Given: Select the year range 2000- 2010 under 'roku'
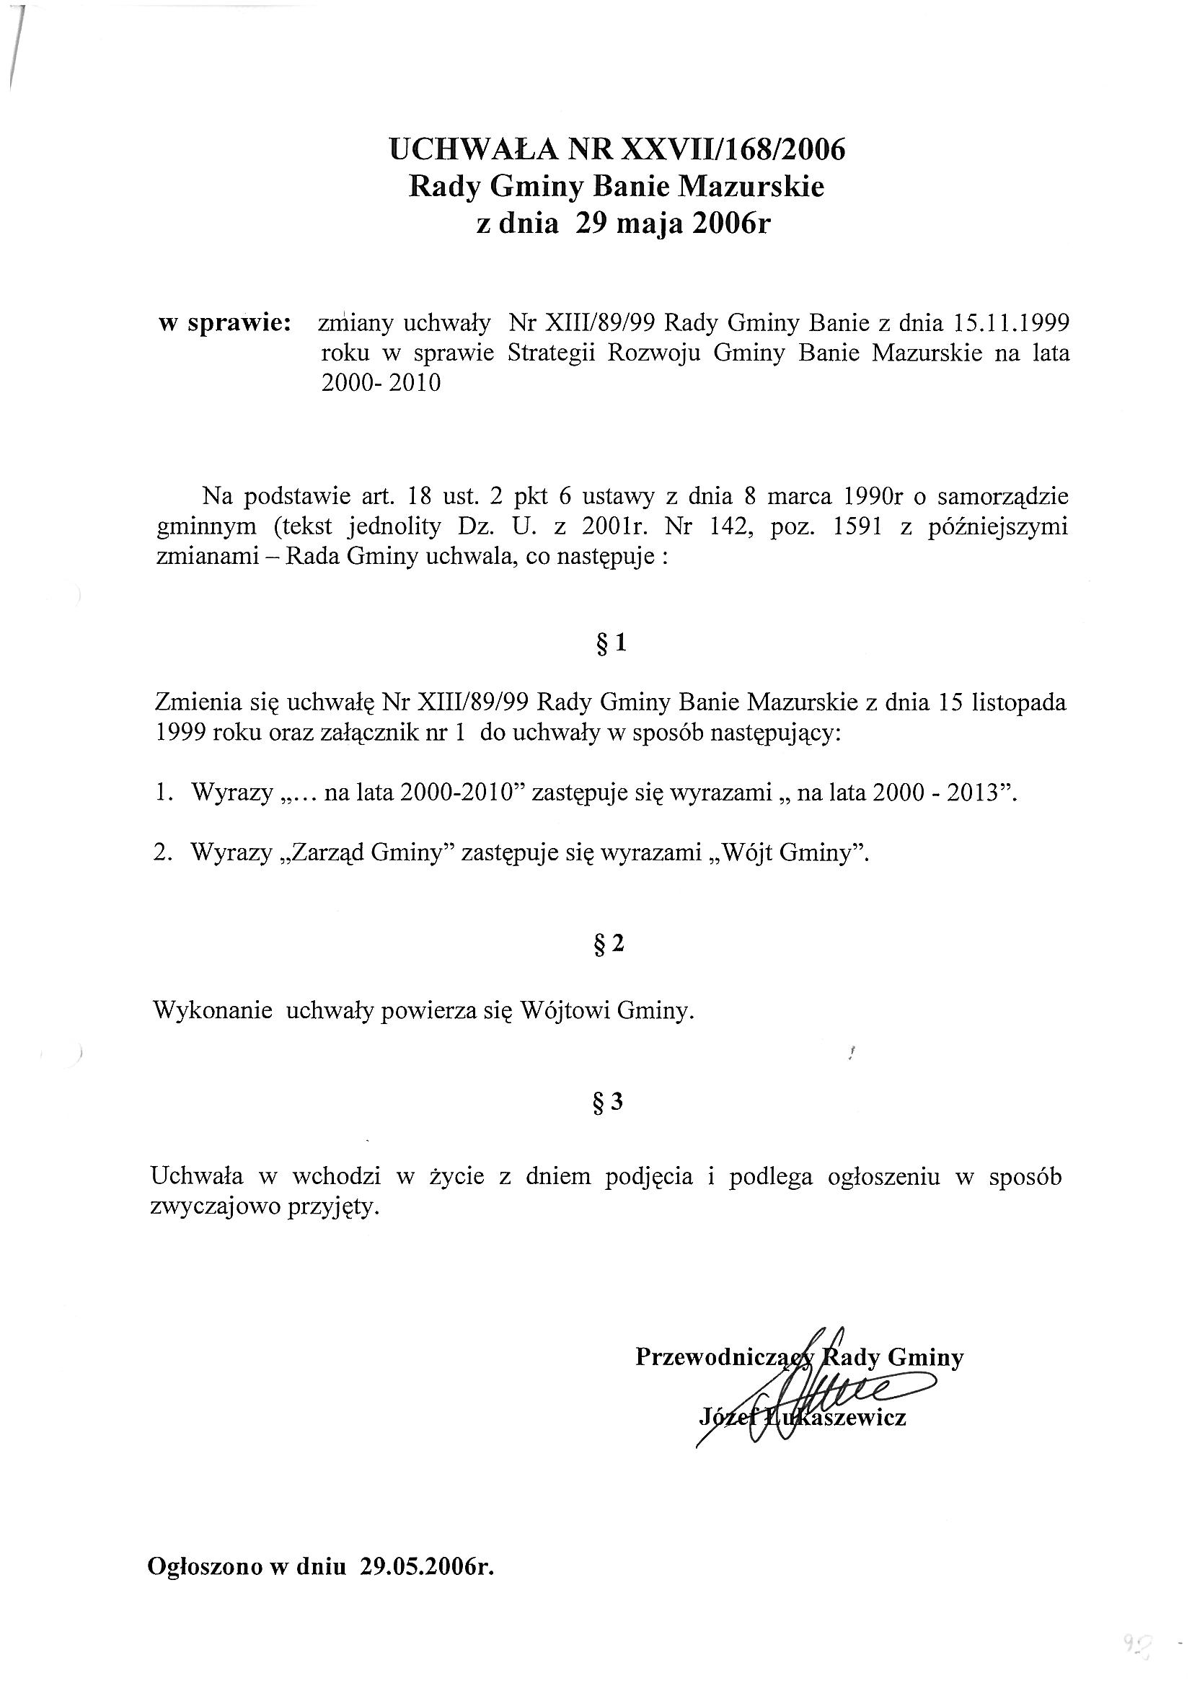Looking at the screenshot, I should [x=381, y=384].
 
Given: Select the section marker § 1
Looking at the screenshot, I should [x=608, y=644].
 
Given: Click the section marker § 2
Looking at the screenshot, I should [x=608, y=943].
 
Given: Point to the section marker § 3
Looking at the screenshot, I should [x=608, y=1101].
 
